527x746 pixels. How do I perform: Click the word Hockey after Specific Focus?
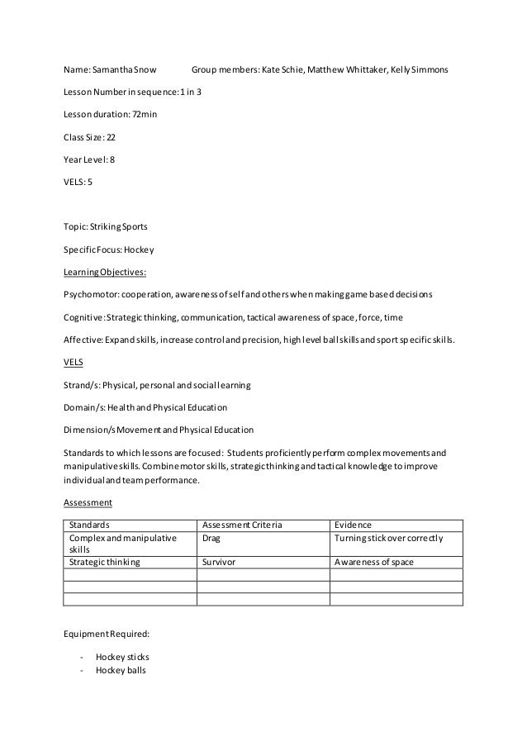click(141, 249)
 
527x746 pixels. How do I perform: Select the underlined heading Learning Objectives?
click(105, 271)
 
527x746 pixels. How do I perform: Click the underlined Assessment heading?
click(88, 501)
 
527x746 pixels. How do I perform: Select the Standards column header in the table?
click(90, 525)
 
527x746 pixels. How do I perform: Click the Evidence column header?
click(354, 525)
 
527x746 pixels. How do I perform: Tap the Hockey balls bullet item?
click(120, 670)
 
